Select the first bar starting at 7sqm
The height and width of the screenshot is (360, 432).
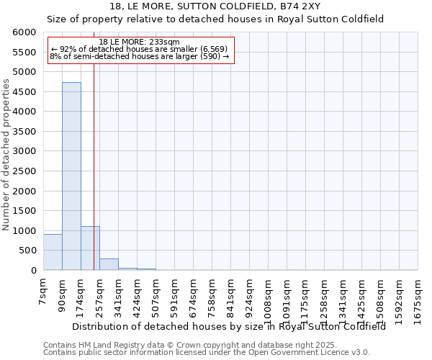click(53, 252)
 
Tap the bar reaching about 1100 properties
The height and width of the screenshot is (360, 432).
click(90, 248)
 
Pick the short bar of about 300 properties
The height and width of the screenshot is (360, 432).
click(109, 264)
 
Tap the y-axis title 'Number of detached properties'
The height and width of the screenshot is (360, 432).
click(6, 156)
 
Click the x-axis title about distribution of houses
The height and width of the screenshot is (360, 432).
click(229, 326)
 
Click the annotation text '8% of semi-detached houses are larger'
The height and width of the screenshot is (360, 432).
click(140, 56)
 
